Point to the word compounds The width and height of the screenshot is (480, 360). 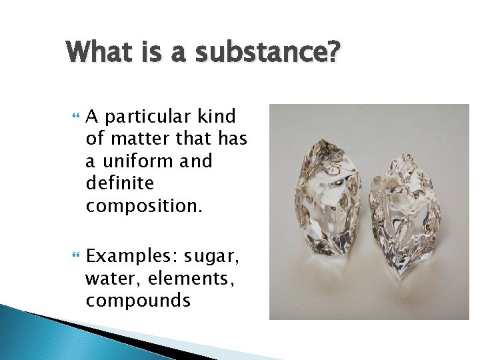[139, 301]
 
